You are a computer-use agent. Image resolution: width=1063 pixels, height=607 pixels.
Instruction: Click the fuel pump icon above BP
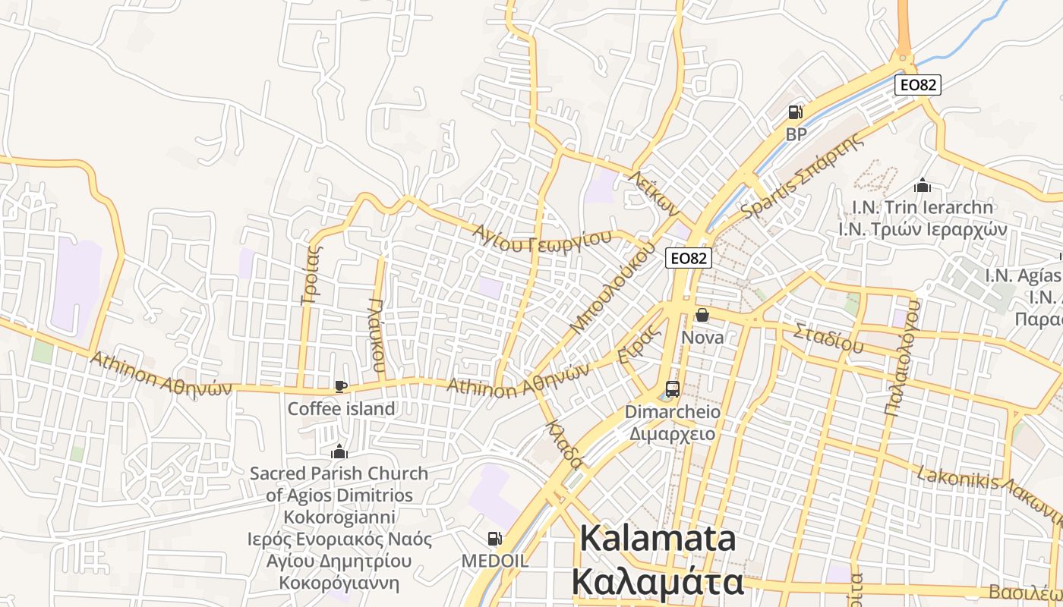pos(795,113)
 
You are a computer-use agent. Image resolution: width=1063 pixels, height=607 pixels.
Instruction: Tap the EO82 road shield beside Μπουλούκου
pos(689,258)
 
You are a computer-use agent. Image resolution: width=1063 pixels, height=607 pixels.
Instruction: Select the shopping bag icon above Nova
pos(702,314)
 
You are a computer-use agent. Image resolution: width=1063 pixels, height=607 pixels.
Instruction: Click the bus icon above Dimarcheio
pos(672,389)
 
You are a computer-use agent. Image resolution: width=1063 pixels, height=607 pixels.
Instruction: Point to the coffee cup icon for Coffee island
pos(341,387)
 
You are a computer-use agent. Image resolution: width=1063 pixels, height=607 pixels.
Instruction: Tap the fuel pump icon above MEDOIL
pos(494,539)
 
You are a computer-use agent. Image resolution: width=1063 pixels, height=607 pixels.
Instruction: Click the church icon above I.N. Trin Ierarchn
pos(923,185)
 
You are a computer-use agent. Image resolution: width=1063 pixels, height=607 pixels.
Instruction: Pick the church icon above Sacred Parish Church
pos(339,452)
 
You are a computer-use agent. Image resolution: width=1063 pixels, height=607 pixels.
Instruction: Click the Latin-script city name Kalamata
pos(658,539)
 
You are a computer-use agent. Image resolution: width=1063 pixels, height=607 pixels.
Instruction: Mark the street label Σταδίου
pos(828,338)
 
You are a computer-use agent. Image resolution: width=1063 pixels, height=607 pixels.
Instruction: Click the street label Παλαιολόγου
pos(903,358)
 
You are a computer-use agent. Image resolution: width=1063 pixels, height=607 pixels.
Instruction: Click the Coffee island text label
pos(341,408)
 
